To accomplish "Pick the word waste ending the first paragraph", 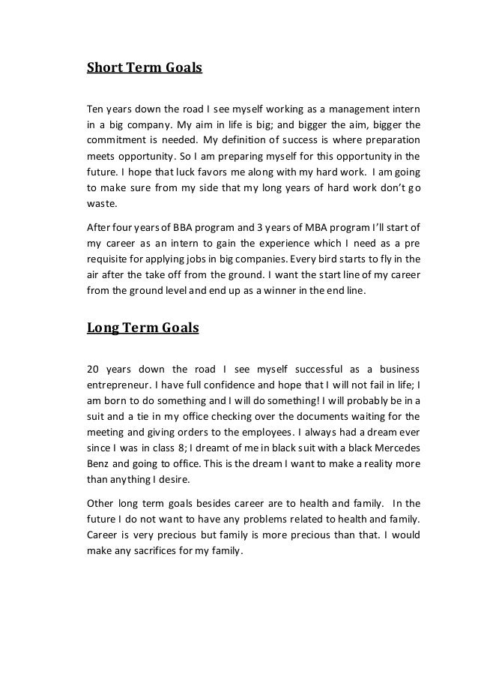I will (103, 205).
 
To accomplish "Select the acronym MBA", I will (291, 228).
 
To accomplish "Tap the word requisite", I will (110, 261).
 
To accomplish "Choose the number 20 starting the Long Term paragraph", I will (94, 369).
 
